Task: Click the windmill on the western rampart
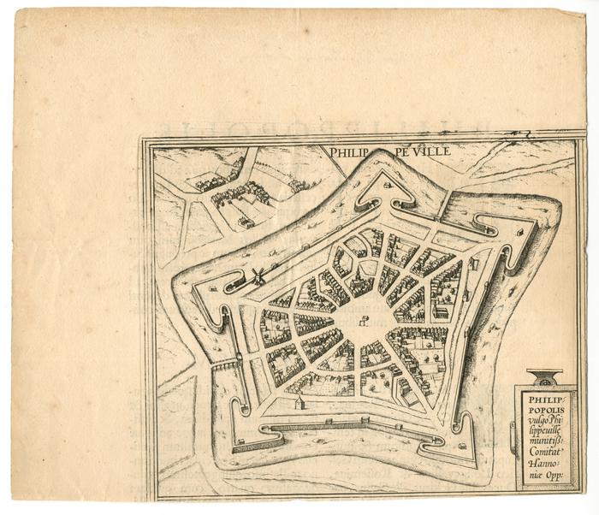256,275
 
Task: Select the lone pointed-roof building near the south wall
299,401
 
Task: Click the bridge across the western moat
224,365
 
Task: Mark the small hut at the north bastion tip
388,183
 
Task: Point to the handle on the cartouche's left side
513,436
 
